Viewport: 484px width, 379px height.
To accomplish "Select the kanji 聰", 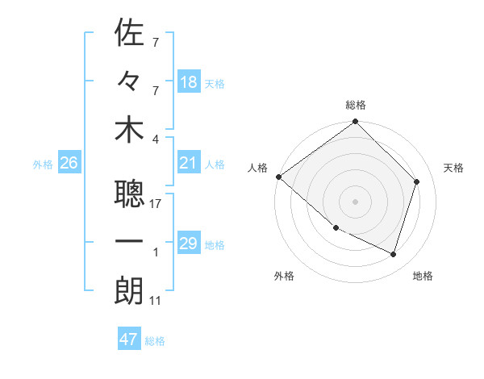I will pos(129,194).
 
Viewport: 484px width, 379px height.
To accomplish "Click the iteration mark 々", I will pos(129,81).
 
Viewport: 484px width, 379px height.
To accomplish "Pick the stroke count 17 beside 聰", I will pos(156,204).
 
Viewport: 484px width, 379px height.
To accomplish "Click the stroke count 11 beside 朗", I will pos(156,302).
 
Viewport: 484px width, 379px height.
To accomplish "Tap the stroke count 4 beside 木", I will pos(156,139).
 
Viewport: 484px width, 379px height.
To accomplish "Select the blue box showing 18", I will pos(189,81).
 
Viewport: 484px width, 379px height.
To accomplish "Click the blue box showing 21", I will pos(189,164).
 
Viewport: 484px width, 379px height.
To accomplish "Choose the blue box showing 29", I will pos(189,244).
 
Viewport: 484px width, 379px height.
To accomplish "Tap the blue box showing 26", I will pos(69,164).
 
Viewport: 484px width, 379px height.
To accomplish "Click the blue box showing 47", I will pos(129,339).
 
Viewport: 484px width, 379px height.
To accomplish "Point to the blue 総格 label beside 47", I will pos(155,341).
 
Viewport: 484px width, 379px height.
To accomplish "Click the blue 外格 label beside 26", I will pos(43,165).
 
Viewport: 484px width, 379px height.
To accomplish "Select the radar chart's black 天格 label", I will pos(454,168).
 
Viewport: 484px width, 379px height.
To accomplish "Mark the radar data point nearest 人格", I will pos(278,177).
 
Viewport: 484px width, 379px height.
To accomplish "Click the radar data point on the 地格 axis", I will pos(393,254).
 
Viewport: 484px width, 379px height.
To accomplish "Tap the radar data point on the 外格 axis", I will pos(336,228).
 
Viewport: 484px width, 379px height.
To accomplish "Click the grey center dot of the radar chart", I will pos(355,202).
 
